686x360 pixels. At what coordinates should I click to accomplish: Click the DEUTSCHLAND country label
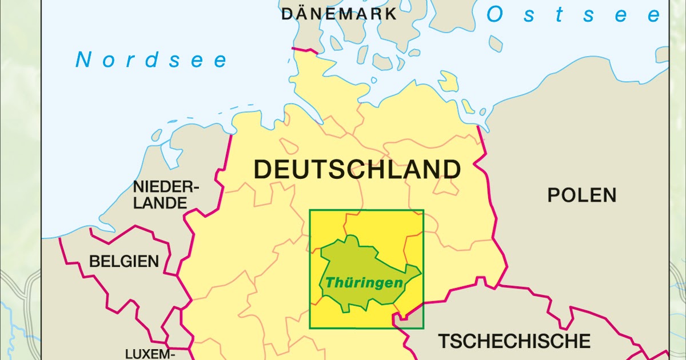click(x=357, y=170)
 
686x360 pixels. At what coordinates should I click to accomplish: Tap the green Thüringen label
click(x=364, y=283)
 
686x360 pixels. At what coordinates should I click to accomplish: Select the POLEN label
click(x=582, y=195)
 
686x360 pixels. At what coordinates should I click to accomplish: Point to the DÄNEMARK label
click(x=339, y=14)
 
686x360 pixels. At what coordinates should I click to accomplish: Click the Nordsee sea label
click(x=152, y=60)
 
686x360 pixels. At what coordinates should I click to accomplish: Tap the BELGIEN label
click(x=124, y=262)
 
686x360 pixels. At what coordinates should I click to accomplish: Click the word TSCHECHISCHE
click(x=514, y=341)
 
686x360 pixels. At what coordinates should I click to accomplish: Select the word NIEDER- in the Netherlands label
click(x=165, y=187)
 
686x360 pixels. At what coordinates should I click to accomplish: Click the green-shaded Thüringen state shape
click(x=354, y=257)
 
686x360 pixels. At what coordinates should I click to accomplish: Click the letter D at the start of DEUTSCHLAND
click(x=262, y=170)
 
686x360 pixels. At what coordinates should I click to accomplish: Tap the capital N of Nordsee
click(x=83, y=60)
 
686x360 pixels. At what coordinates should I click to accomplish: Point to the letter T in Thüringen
click(x=330, y=283)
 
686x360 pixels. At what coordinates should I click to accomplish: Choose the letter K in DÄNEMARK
click(x=390, y=14)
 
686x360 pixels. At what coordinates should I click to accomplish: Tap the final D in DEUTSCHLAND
click(x=451, y=170)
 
